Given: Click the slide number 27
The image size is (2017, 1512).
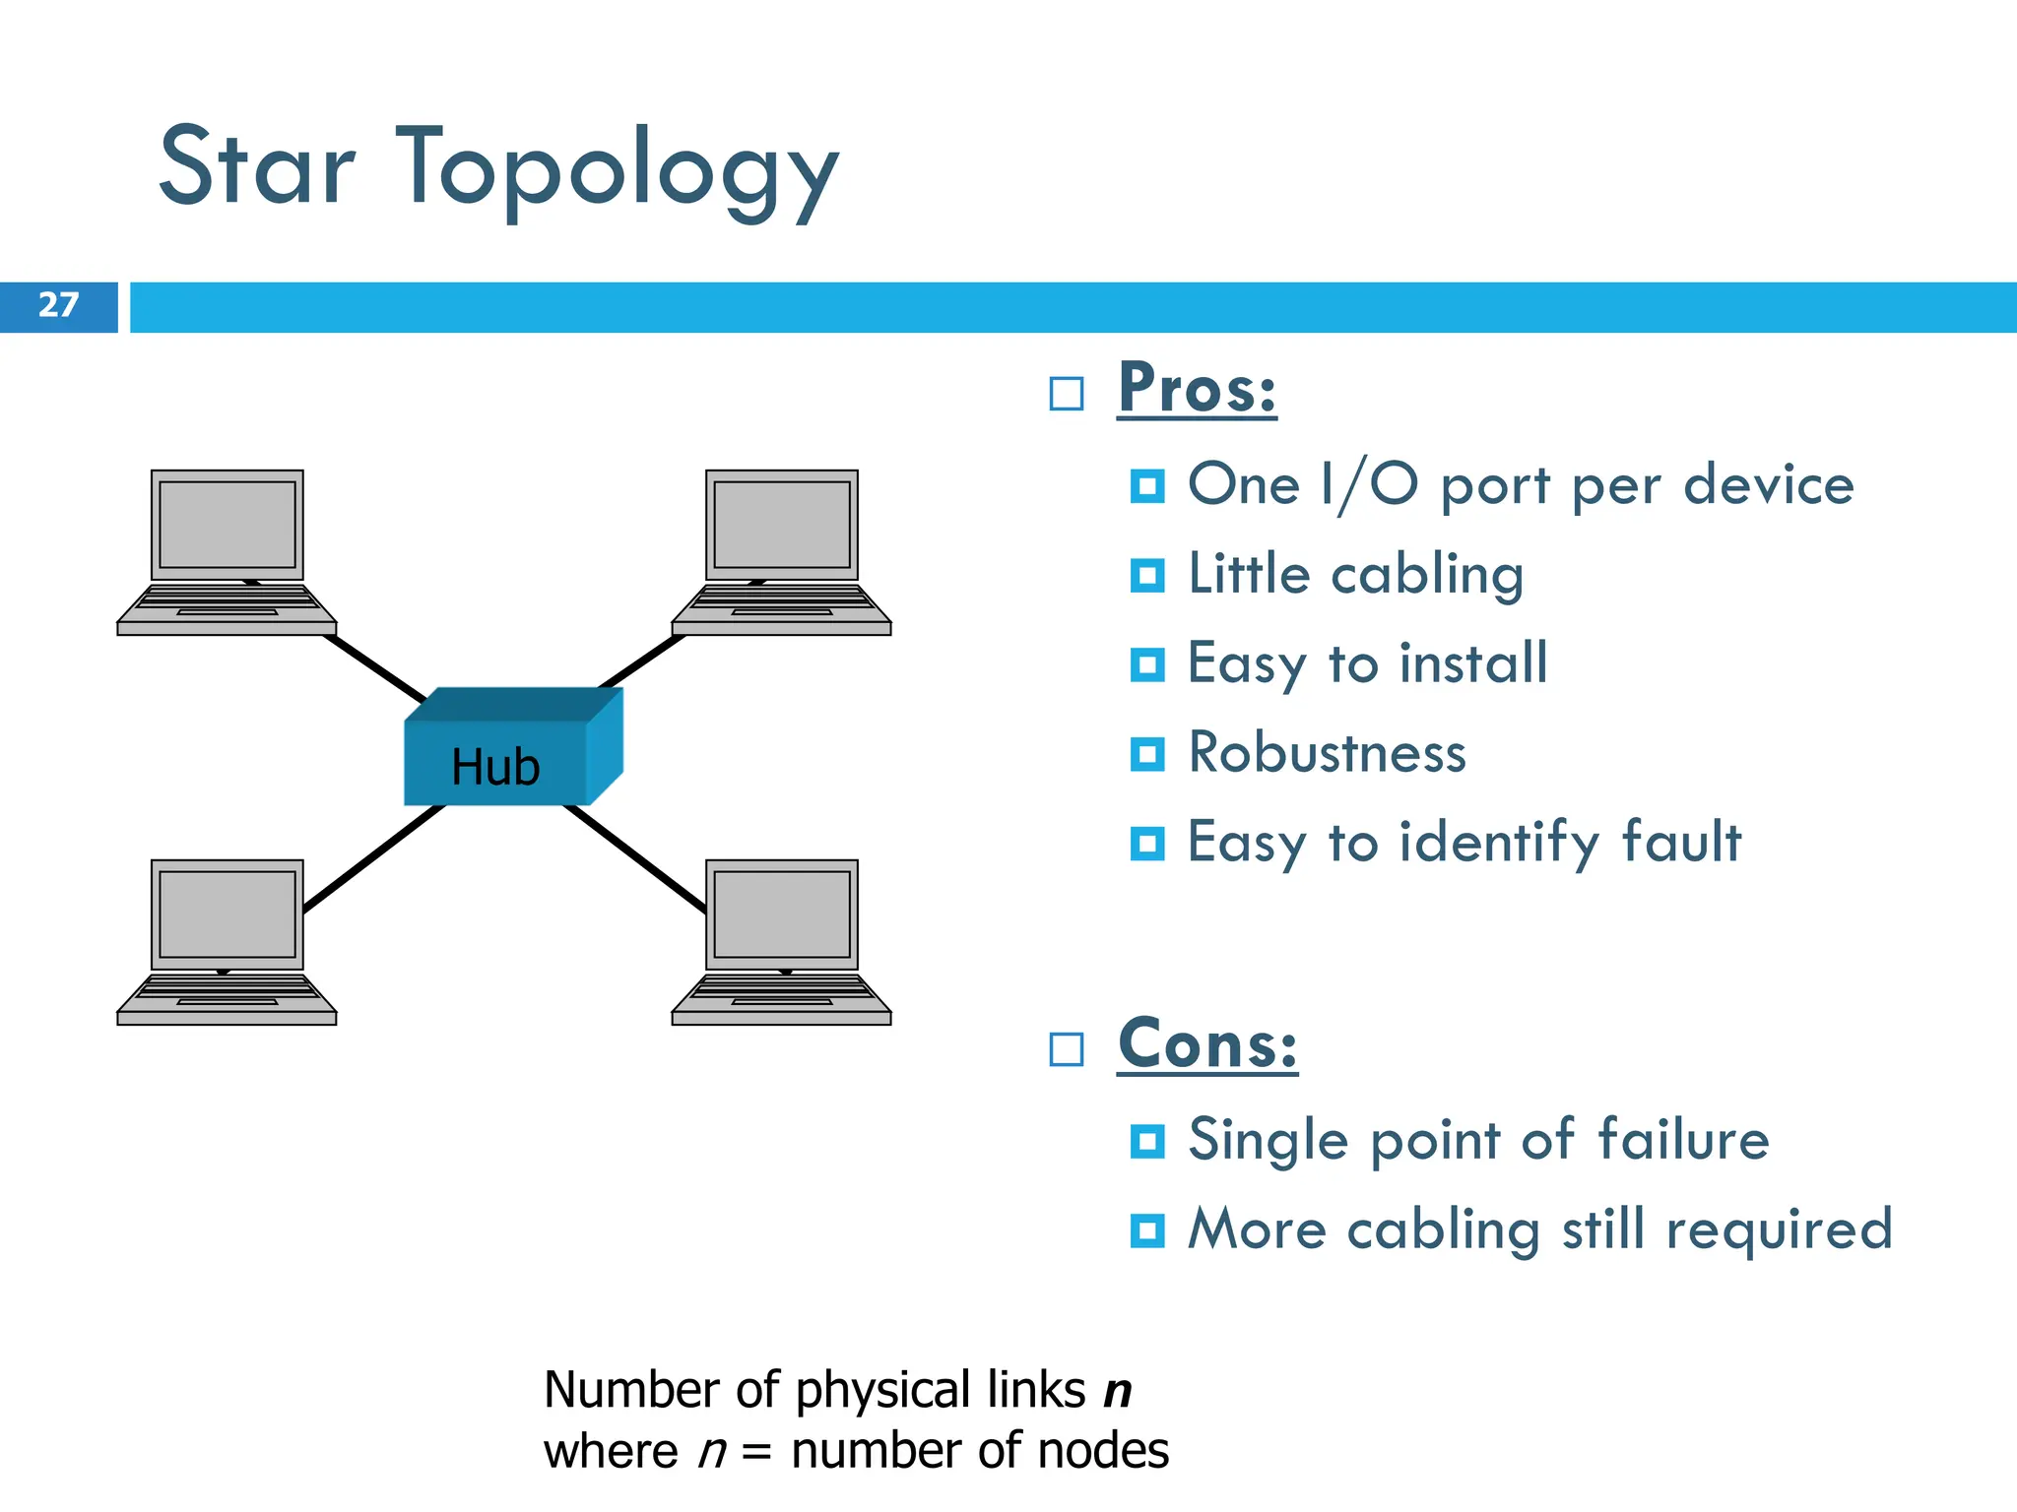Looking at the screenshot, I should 58,305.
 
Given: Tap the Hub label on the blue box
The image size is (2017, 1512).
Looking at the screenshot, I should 495,767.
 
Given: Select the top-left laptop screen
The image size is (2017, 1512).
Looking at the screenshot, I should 228,524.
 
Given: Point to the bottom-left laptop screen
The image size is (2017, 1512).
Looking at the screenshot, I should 228,913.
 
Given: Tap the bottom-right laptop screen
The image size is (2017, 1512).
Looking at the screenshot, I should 781,913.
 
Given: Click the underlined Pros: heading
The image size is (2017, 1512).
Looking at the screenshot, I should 1197,390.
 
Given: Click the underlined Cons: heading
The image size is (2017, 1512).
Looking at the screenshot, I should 1207,1044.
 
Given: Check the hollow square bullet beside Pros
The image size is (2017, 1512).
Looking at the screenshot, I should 1067,394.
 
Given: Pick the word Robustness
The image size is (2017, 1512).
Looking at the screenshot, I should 1327,754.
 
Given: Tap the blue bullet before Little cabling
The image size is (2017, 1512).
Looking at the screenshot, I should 1147,576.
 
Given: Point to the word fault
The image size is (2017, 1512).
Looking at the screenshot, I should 1681,843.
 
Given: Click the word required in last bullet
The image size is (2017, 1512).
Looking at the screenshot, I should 1779,1230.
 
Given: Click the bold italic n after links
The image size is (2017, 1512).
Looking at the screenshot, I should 1118,1391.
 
